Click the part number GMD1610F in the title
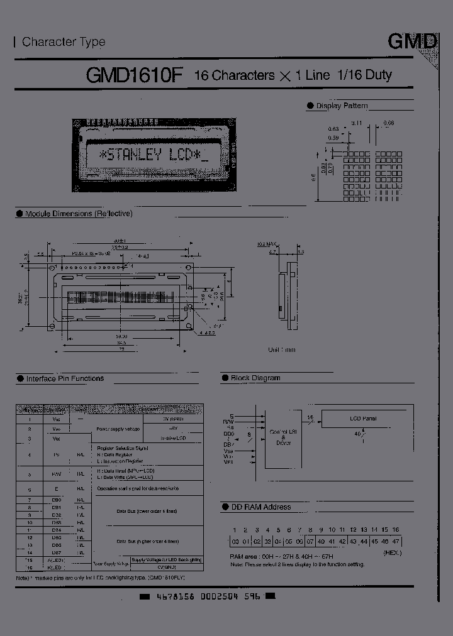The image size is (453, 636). (x=133, y=75)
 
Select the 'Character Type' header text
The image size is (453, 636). (x=63, y=42)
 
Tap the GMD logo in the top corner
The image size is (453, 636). (x=411, y=42)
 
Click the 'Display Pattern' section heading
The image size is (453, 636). (x=342, y=106)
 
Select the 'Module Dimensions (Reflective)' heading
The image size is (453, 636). (x=79, y=214)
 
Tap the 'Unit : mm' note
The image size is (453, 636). (x=281, y=349)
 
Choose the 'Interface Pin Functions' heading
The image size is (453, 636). (x=65, y=379)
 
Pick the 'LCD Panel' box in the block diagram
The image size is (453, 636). (x=364, y=418)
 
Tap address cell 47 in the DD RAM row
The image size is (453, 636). (x=395, y=541)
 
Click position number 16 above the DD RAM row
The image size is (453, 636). (x=395, y=530)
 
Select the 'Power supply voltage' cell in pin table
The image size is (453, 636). (x=119, y=428)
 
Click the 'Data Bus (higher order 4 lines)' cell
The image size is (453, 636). (x=147, y=540)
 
